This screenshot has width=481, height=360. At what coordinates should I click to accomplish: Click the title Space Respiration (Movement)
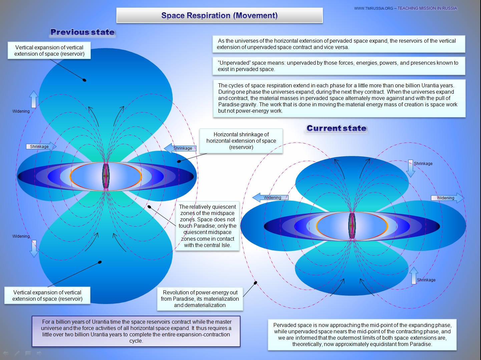pyautogui.click(x=219, y=16)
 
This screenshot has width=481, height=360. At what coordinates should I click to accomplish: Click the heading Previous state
pyautogui.click(x=82, y=32)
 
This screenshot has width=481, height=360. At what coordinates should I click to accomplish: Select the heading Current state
pyautogui.click(x=336, y=128)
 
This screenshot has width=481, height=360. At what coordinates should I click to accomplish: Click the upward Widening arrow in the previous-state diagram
pyautogui.click(x=33, y=99)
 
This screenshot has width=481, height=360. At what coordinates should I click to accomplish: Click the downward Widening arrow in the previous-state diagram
pyautogui.click(x=34, y=249)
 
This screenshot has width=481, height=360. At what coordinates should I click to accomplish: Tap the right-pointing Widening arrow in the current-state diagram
pyautogui.click(x=447, y=198)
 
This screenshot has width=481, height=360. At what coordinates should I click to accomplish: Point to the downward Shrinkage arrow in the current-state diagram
pyautogui.click(x=411, y=168)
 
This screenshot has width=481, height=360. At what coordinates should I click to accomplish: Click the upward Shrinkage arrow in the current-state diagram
pyautogui.click(x=414, y=275)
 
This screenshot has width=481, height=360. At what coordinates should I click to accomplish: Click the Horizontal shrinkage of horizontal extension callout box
pyautogui.click(x=241, y=141)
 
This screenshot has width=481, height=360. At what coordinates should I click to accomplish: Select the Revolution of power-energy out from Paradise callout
pyautogui.click(x=200, y=299)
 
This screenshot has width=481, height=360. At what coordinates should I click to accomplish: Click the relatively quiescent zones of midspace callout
pyautogui.click(x=207, y=226)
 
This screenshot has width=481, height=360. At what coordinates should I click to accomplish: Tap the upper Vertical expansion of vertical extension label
pyautogui.click(x=49, y=51)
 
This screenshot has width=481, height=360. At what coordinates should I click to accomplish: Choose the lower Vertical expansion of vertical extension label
pyautogui.click(x=47, y=295)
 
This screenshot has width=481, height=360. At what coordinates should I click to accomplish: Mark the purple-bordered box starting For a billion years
pyautogui.click(x=136, y=331)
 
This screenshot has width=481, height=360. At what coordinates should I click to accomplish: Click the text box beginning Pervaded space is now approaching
pyautogui.click(x=362, y=334)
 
